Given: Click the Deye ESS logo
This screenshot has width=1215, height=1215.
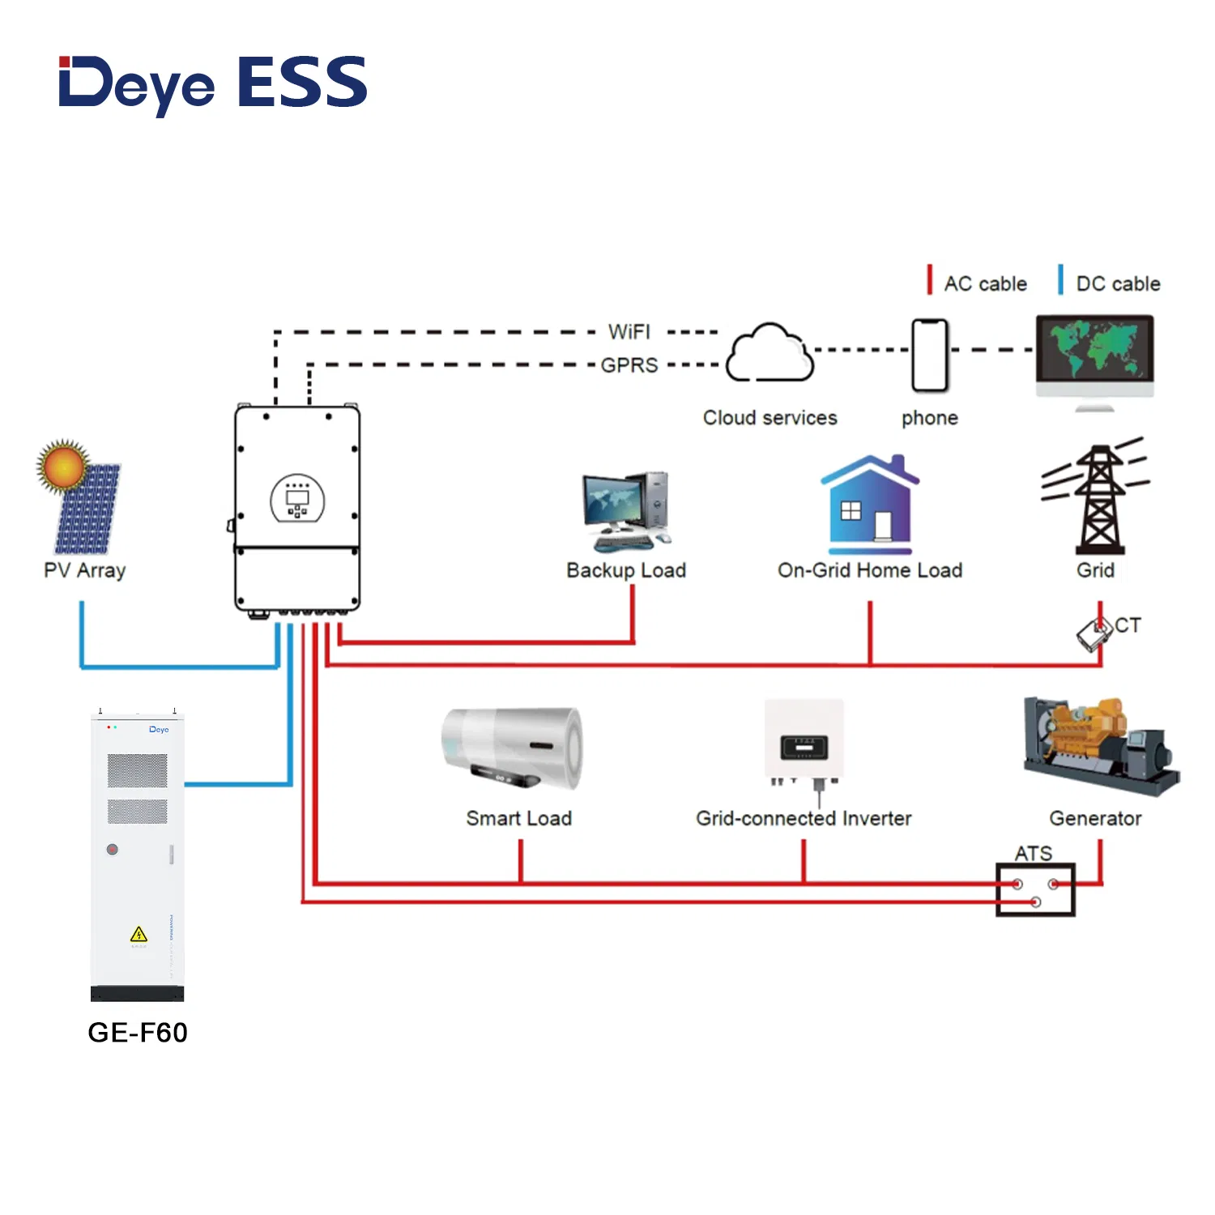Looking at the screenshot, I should pos(213,83).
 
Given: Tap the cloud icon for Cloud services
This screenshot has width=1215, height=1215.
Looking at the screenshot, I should pos(769,353).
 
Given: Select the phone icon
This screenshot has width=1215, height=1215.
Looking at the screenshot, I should pos(929,356).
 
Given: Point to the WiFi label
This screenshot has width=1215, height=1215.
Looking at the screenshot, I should pos(629,332).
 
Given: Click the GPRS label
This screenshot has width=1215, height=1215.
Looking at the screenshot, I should pos(629,365).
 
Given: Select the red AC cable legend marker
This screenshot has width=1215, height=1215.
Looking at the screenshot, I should pos(930,280).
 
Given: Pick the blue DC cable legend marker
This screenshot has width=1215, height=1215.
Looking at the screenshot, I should pos(1060,280).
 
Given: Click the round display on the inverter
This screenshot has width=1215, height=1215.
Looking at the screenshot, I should pos(297,498).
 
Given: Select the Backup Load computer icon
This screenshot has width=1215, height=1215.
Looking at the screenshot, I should pos(626,511).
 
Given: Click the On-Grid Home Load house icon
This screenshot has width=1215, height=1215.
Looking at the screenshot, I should pos(870,501).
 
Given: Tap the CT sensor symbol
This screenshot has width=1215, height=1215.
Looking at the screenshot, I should pos(1095,633).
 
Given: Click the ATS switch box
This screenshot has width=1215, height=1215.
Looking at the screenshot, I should pos(1035,890).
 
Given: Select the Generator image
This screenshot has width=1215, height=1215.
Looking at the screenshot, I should pos(1099,746).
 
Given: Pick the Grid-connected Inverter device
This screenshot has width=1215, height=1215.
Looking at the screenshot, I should pos(804,742).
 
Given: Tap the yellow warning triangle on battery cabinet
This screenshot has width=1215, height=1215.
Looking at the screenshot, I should pos(139,935).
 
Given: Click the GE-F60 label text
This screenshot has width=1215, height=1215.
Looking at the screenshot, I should pos(138,1033).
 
